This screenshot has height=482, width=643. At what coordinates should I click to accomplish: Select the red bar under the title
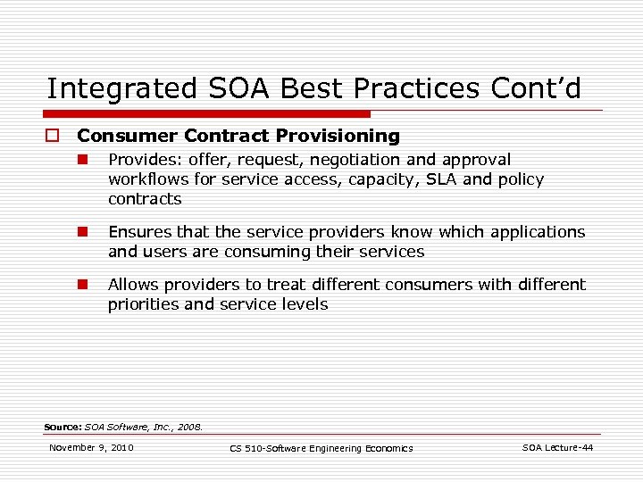click(209, 114)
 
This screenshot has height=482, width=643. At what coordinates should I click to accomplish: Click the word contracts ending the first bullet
click(145, 199)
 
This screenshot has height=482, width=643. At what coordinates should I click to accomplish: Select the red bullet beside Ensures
click(80, 232)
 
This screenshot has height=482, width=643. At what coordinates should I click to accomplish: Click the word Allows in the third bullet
click(131, 285)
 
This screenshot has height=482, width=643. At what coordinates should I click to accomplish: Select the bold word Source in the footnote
click(63, 427)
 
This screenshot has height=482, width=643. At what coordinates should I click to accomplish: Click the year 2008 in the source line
click(190, 427)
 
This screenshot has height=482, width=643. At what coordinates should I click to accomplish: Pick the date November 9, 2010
click(91, 447)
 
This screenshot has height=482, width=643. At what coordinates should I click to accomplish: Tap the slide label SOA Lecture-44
click(557, 447)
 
